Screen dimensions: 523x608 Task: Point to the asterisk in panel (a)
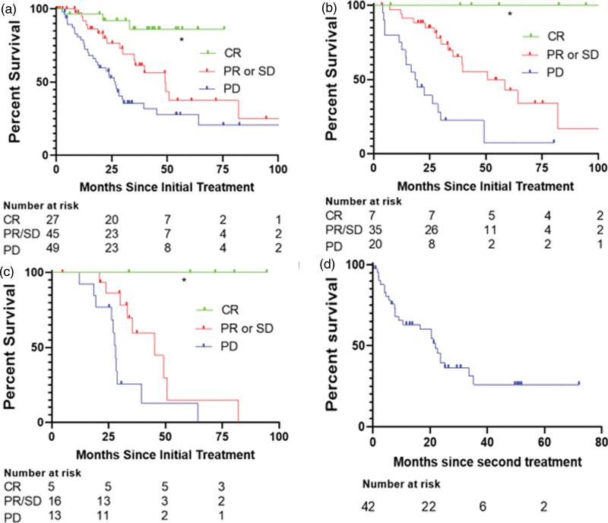point(181,40)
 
